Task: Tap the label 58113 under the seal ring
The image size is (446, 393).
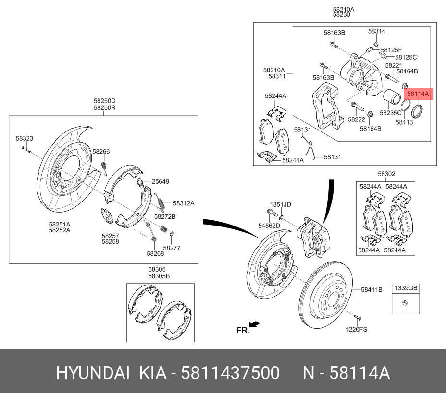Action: click(x=404, y=122)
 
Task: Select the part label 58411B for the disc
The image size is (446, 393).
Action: click(x=372, y=289)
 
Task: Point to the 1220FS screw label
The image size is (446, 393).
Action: click(x=356, y=329)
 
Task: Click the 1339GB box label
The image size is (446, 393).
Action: click(x=407, y=288)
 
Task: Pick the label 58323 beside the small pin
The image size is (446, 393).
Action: click(x=25, y=138)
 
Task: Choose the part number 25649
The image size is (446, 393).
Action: click(x=161, y=182)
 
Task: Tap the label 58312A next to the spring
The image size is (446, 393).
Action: click(x=183, y=203)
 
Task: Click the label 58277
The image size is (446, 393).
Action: click(x=172, y=248)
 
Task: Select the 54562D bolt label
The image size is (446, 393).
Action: click(x=269, y=225)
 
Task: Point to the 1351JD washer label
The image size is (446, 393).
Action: click(x=280, y=204)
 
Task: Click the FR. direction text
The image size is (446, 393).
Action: click(x=243, y=331)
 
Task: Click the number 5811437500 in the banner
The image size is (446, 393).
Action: click(x=230, y=373)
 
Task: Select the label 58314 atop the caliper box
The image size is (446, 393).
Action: click(x=377, y=31)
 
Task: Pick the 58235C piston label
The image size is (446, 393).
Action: click(x=391, y=113)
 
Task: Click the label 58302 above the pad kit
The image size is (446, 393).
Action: click(x=386, y=174)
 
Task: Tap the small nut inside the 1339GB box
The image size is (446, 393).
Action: click(x=406, y=302)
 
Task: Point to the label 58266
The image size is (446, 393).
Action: click(x=101, y=152)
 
